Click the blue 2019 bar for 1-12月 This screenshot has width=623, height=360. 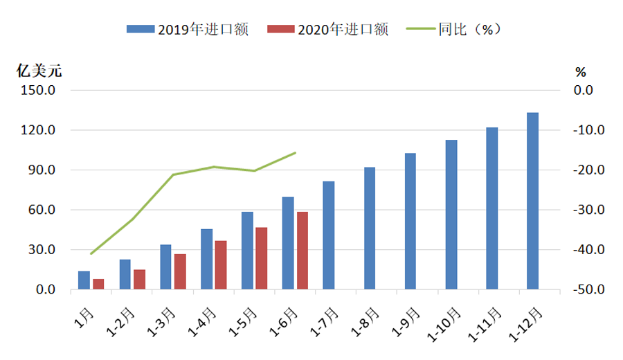[532, 201]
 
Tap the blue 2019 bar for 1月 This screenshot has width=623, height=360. [84, 280]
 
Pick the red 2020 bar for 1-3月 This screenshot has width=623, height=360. [180, 271]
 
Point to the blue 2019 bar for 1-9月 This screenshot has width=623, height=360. [410, 222]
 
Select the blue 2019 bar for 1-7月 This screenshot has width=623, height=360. [328, 235]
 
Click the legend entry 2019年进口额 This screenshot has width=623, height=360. [187, 28]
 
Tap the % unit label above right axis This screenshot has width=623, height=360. [580, 71]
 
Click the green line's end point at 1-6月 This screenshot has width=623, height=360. [296, 152]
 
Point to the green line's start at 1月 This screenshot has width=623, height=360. [91, 253]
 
